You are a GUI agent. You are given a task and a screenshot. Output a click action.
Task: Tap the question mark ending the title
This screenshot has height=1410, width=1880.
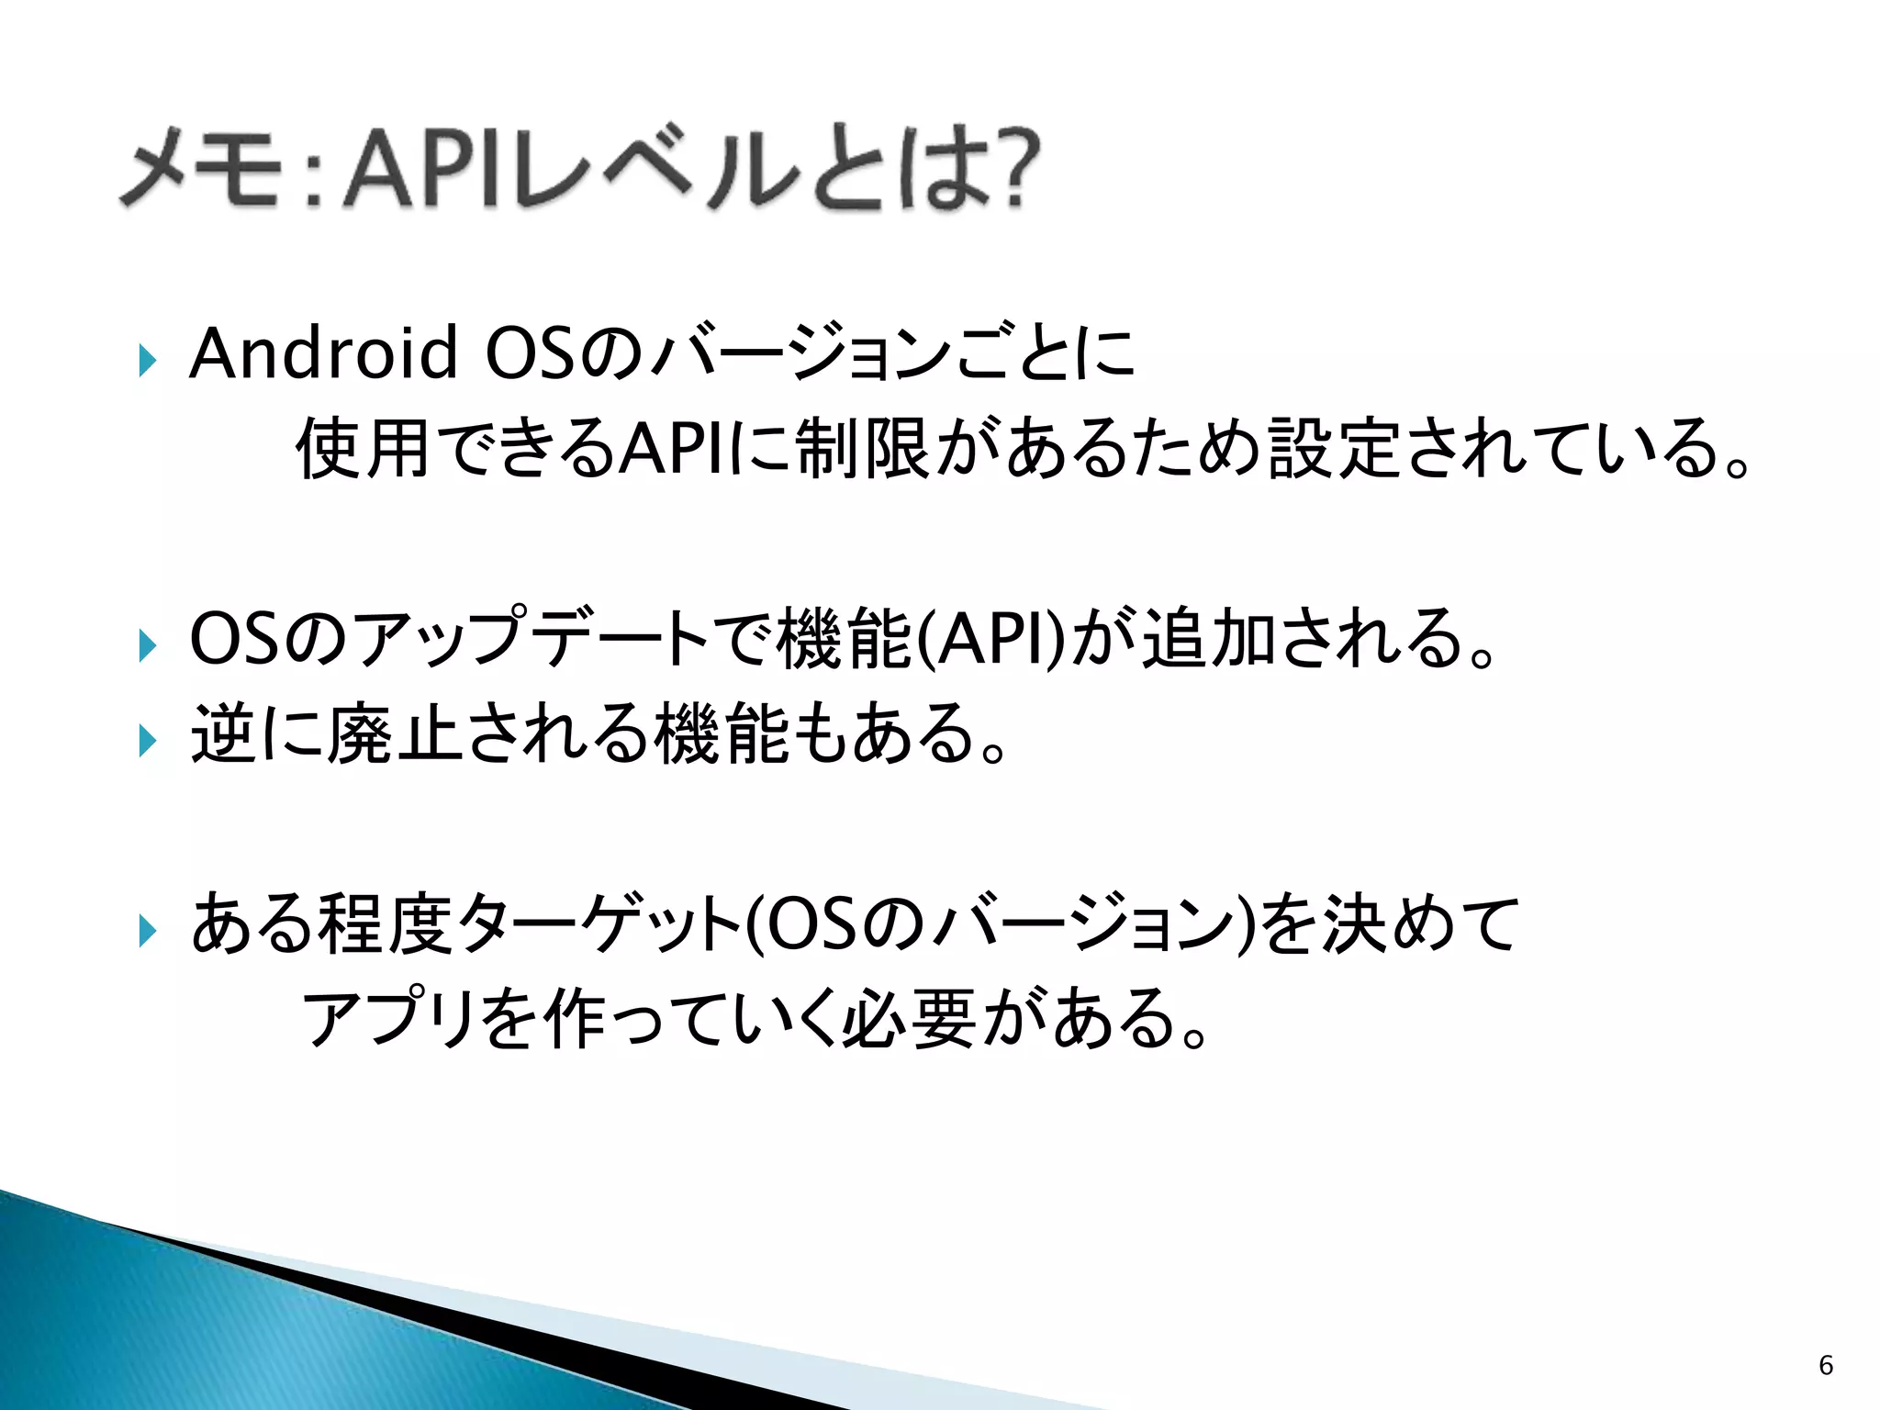tap(1014, 169)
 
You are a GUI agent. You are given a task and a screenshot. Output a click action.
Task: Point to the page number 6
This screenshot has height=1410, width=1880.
tap(1826, 1365)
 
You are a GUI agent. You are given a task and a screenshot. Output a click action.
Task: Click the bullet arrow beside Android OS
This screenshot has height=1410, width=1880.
tap(147, 360)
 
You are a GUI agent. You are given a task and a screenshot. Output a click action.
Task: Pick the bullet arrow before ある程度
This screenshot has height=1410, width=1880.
tap(147, 932)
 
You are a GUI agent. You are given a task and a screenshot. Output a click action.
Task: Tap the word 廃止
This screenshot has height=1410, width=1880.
tap(395, 734)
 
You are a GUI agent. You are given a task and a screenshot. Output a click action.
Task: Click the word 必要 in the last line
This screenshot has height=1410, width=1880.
tap(909, 1020)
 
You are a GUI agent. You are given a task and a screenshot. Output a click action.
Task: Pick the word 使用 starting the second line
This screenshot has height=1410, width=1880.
tap(362, 449)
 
